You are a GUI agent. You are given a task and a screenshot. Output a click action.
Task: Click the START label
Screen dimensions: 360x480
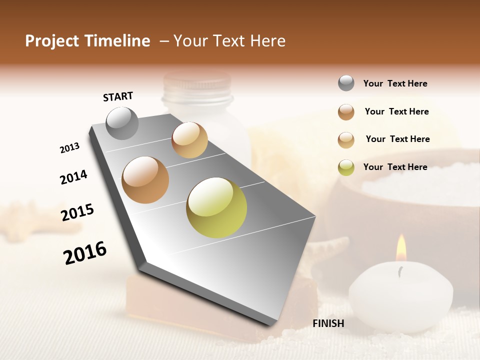[118, 96]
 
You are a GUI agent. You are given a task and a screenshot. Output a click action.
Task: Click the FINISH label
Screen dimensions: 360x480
[328, 323]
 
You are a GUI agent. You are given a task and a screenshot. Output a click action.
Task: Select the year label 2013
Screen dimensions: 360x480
[69, 148]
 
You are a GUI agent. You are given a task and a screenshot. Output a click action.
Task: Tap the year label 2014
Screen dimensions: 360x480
[73, 177]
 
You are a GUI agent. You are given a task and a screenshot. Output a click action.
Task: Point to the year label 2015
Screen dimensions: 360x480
[77, 212]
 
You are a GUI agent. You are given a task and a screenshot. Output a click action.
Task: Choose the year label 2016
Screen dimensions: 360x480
[85, 252]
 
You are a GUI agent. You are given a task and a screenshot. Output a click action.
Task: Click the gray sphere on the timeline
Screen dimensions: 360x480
[122, 123]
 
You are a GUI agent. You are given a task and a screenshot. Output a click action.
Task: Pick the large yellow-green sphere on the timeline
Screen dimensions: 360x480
[216, 207]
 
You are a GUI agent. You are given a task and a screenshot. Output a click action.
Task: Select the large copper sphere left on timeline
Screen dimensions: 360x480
[145, 179]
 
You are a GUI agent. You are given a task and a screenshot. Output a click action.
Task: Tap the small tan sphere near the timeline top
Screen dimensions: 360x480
[189, 140]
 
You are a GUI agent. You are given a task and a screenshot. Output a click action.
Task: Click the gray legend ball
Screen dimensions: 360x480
[346, 83]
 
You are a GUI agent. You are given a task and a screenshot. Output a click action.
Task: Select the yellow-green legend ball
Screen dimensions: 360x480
[346, 167]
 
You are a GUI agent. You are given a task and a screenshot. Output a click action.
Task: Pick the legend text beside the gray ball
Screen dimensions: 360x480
[395, 83]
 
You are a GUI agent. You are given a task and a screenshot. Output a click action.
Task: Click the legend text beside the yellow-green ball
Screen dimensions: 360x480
[395, 167]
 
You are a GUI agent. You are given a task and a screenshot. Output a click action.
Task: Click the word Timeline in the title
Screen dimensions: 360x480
[119, 41]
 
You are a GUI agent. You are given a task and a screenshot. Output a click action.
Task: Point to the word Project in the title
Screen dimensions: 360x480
[52, 41]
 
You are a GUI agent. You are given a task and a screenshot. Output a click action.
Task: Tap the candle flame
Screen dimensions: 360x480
[401, 248]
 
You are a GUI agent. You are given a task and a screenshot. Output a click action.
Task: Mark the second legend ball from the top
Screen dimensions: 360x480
[346, 112]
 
